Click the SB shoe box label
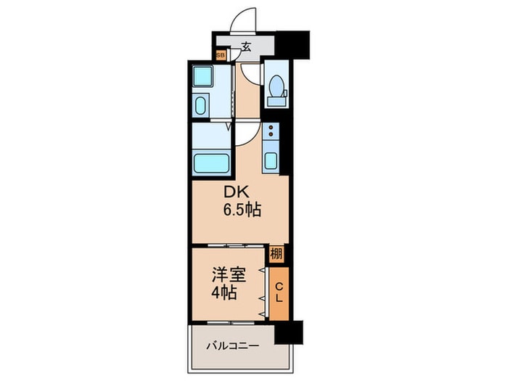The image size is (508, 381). pos(221,55)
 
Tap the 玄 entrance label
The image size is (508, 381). pos(246,47)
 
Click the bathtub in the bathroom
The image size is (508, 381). pos(212,163)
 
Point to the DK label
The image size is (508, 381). pos(237,192)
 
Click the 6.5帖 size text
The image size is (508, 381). pos(242,210)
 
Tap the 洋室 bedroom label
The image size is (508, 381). pos(229,275)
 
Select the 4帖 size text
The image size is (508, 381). pos(224,293)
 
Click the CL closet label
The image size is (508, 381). pos(279,292)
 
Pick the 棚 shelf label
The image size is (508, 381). pos(276,254)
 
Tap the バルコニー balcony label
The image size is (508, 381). pos(233,346)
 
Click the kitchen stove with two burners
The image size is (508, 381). pos(271,131)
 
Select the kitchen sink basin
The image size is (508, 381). pos(271,160)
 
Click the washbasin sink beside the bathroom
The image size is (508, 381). pos(200,105)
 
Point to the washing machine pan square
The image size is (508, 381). pos(202,76)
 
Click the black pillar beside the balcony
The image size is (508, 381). pos(289,332)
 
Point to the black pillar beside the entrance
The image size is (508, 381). pos(292,45)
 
